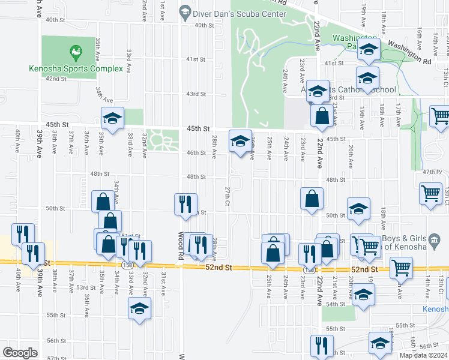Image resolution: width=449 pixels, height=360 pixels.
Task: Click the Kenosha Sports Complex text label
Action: [76, 68]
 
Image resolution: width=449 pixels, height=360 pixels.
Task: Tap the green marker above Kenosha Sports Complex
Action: [76, 53]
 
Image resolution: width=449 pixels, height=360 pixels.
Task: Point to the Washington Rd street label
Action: [410, 52]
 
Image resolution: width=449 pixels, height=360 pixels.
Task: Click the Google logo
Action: [20, 353]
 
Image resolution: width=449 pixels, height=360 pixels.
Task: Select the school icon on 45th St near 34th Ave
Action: [112, 118]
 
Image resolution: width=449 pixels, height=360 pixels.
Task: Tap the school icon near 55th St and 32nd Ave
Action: [140, 309]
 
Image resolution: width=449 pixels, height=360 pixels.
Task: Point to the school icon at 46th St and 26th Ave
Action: [240, 141]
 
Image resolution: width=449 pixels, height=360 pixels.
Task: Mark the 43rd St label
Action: [195, 94]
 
